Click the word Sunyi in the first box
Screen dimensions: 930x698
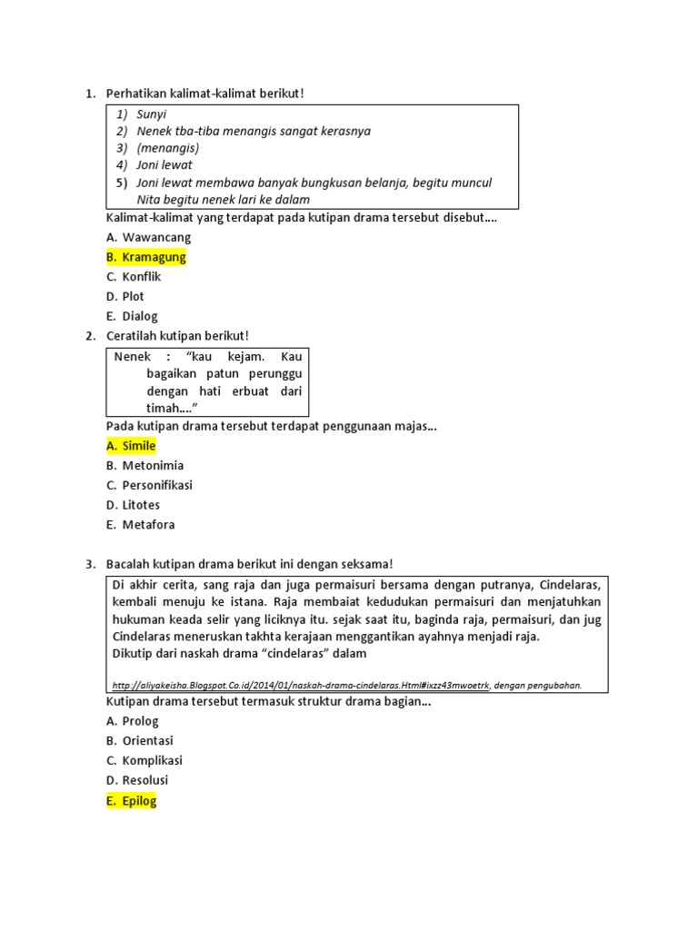pos(152,114)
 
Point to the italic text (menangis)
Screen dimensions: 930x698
pos(168,148)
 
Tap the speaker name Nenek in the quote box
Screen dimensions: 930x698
pos(133,357)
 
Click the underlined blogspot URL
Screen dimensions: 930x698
pos(301,685)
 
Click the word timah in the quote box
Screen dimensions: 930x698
pos(164,409)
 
